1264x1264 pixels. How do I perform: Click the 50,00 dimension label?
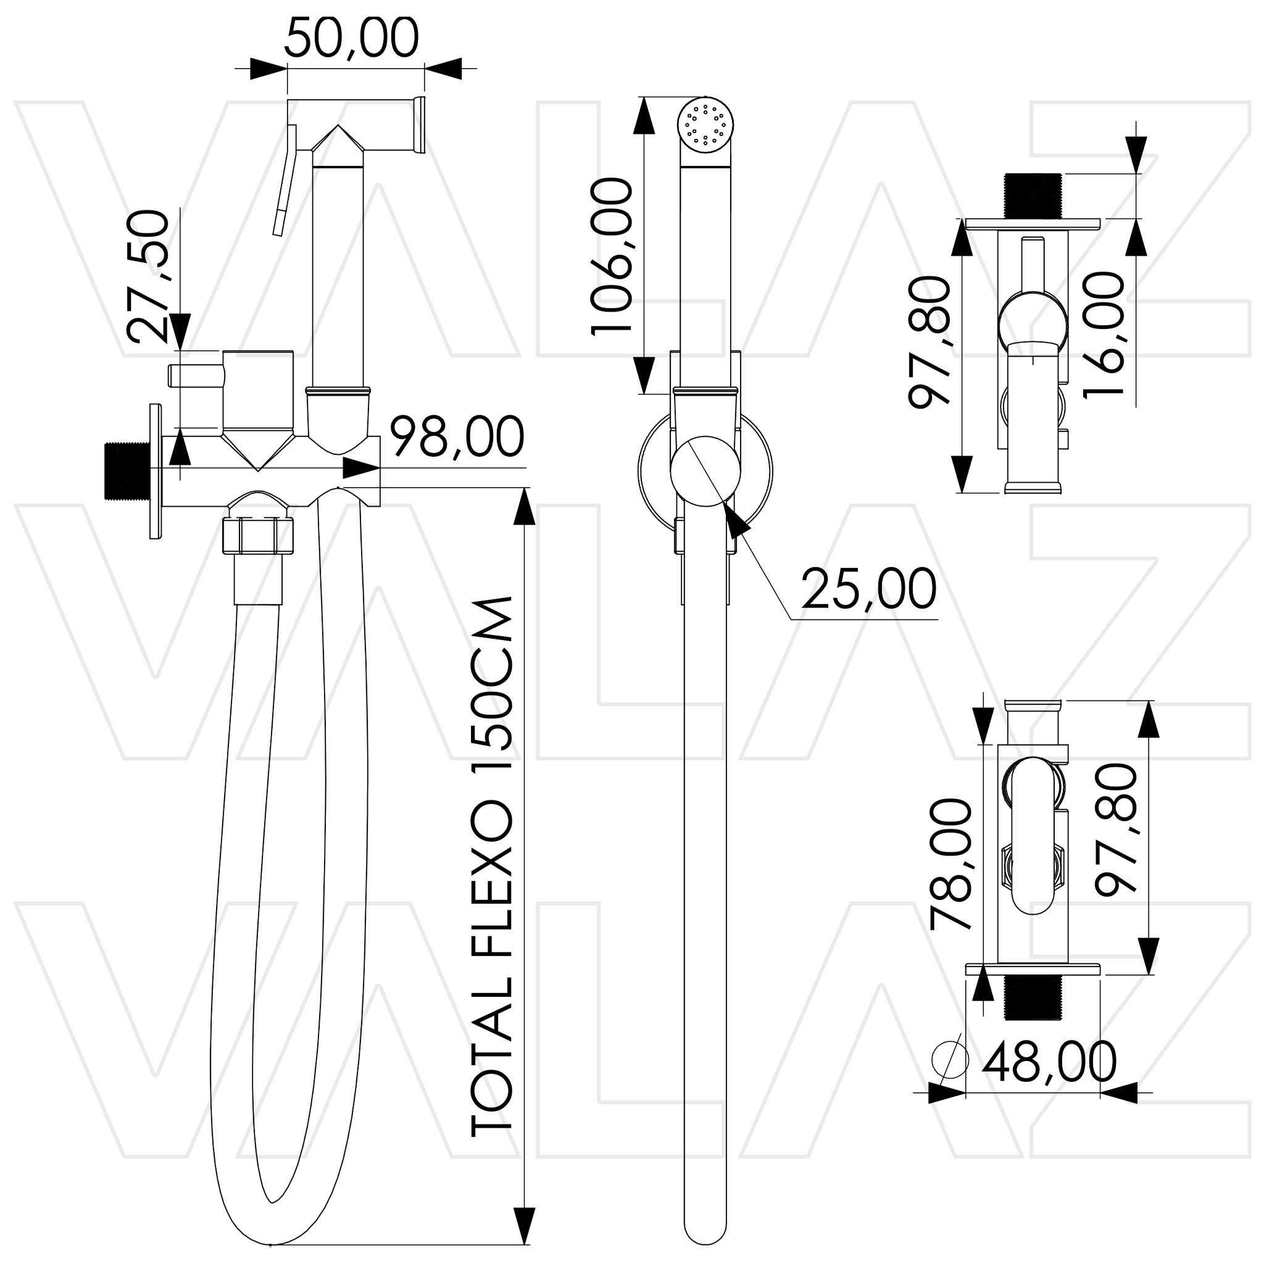tap(351, 39)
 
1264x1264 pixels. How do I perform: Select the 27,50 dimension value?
tap(149, 276)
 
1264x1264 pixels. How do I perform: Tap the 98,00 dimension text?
tap(457, 436)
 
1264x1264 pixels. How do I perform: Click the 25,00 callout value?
tap(869, 589)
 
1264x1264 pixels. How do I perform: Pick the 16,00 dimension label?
tap(1104, 335)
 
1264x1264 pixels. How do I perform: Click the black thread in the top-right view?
tap(1033, 196)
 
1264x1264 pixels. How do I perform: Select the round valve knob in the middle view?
tap(705, 471)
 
